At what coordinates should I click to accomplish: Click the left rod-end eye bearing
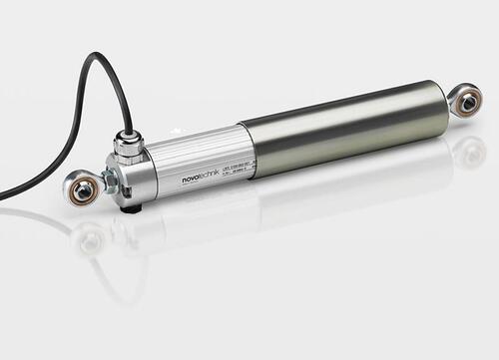(81, 187)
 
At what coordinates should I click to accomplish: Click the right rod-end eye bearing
(464, 100)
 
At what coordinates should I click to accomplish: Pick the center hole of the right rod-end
(467, 100)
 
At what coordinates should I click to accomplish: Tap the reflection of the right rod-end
(468, 151)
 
